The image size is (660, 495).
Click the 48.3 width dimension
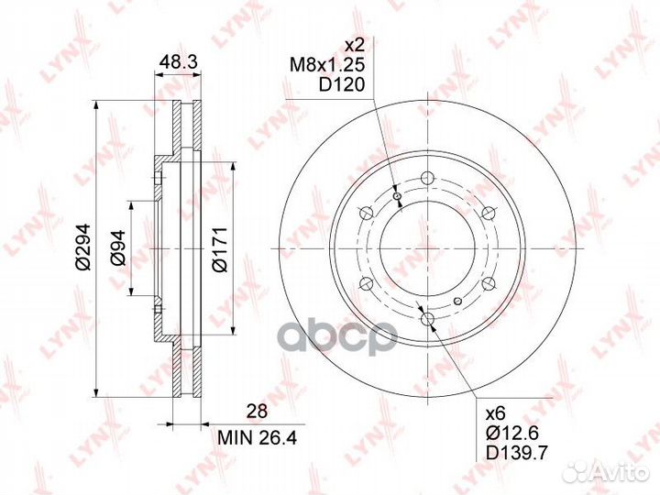(179, 62)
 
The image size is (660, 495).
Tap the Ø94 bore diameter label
(118, 247)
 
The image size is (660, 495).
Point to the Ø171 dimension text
(219, 249)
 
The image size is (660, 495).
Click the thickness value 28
(257, 412)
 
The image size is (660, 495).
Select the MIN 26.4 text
(258, 438)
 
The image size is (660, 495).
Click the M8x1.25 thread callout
(327, 65)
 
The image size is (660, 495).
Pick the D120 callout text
(341, 85)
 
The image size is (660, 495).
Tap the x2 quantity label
(354, 44)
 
